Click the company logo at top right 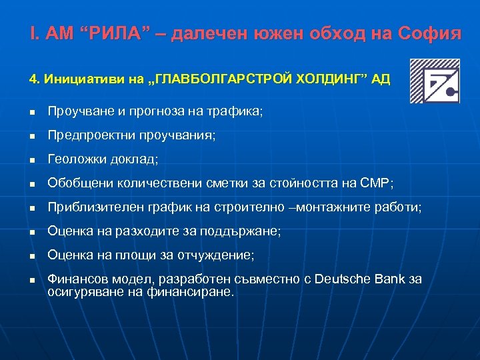[x=434, y=81]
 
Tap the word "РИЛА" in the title [x=117, y=34]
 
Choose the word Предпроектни [x=91, y=135]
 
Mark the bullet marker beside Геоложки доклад [x=32, y=160]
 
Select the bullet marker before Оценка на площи [x=32, y=256]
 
